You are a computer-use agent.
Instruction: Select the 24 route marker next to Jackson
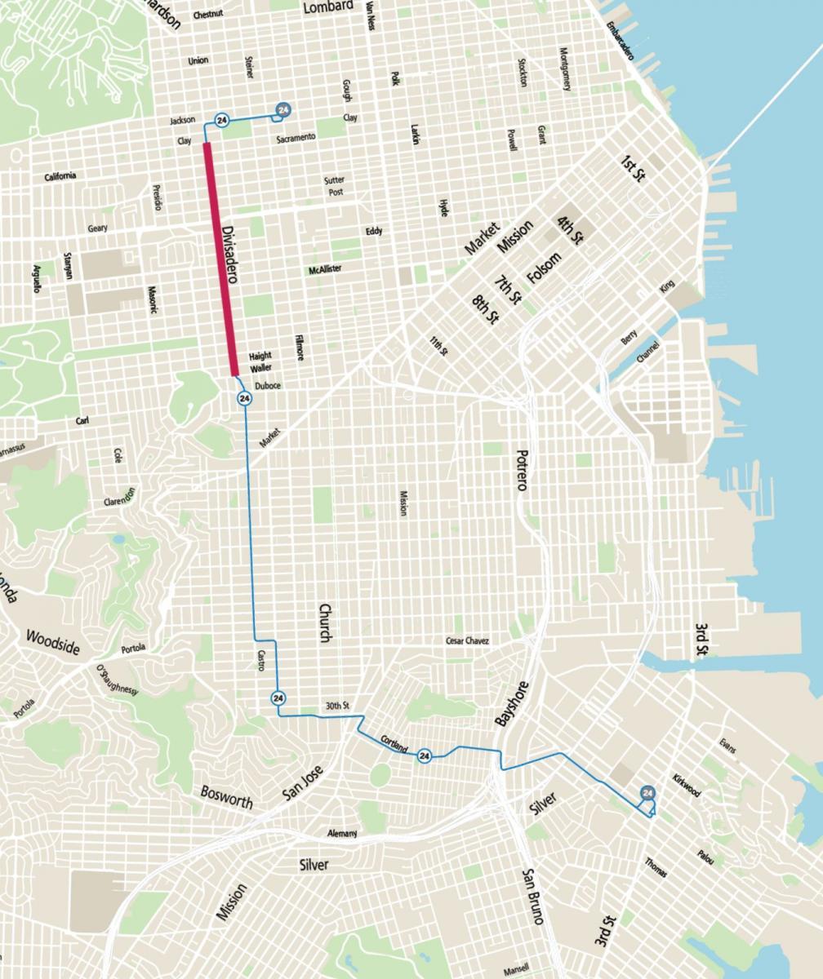[221, 121]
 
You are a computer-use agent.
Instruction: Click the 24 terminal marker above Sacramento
[283, 109]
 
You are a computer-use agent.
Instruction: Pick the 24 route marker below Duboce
[244, 398]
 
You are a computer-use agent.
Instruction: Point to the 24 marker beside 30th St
[278, 698]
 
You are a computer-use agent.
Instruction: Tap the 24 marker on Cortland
[424, 756]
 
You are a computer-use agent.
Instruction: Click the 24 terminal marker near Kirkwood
[648, 793]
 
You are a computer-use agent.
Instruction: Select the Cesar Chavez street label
[467, 641]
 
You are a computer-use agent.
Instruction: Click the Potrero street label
[522, 470]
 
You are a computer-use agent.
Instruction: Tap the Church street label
[325, 623]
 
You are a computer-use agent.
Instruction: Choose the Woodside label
[53, 642]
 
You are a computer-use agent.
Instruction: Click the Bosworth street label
[226, 797]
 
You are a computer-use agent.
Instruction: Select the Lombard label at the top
[328, 7]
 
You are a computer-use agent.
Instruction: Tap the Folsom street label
[545, 269]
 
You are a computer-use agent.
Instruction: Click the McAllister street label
[325, 269]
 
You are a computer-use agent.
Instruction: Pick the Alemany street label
[342, 833]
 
